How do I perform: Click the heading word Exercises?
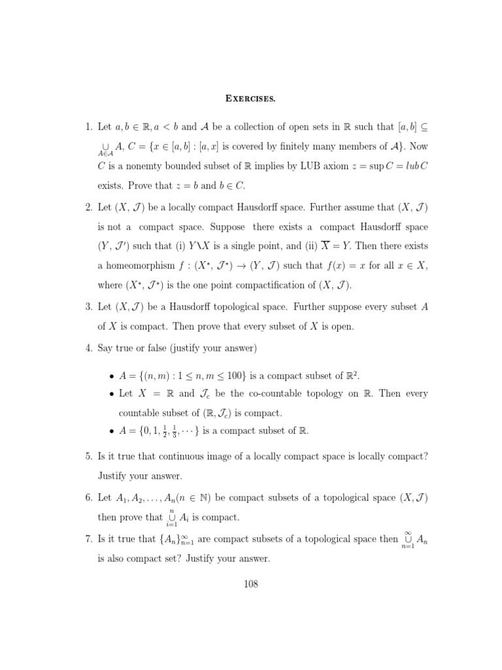[250, 99]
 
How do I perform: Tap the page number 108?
[250, 584]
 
